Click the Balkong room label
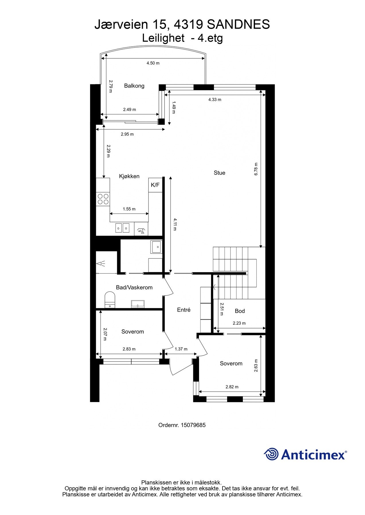tap(134, 86)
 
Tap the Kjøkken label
tap(129, 176)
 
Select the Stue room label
tap(219, 173)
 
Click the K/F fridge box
tap(155, 185)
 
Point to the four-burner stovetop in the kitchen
tap(103, 199)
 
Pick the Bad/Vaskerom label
tap(134, 288)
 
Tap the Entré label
tap(184, 310)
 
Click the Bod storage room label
tap(240, 311)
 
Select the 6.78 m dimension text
tap(256, 169)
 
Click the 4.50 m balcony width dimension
tap(153, 63)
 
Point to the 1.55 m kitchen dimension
tap(129, 209)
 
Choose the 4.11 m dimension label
tap(175, 225)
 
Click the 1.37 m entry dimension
tap(181, 349)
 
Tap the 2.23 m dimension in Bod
tap(239, 323)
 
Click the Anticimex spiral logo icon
tap(271, 454)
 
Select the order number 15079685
tap(193, 425)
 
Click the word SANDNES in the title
tap(238, 25)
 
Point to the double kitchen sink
tap(122, 228)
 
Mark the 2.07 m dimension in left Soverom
tap(105, 334)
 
